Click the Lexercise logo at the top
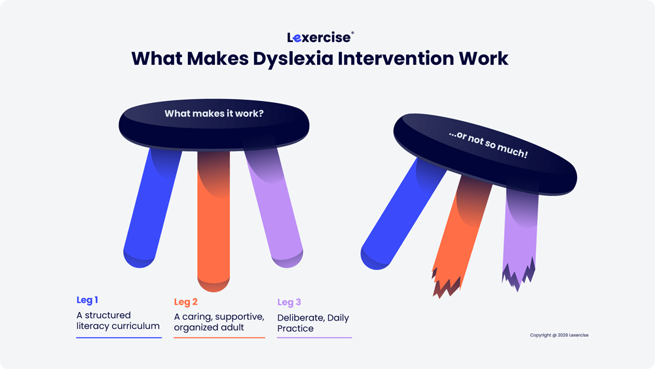[x=320, y=37]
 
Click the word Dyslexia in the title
[x=293, y=58]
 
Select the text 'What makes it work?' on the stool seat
[x=214, y=113]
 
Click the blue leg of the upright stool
[x=152, y=208]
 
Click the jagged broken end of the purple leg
[x=518, y=274]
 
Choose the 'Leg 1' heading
[x=87, y=300]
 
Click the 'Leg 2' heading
[x=185, y=302]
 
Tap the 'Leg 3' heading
[x=289, y=302]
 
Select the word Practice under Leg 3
[x=295, y=328]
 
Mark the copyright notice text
[x=559, y=335]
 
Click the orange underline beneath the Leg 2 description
[x=219, y=338]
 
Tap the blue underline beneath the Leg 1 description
[x=119, y=338]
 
